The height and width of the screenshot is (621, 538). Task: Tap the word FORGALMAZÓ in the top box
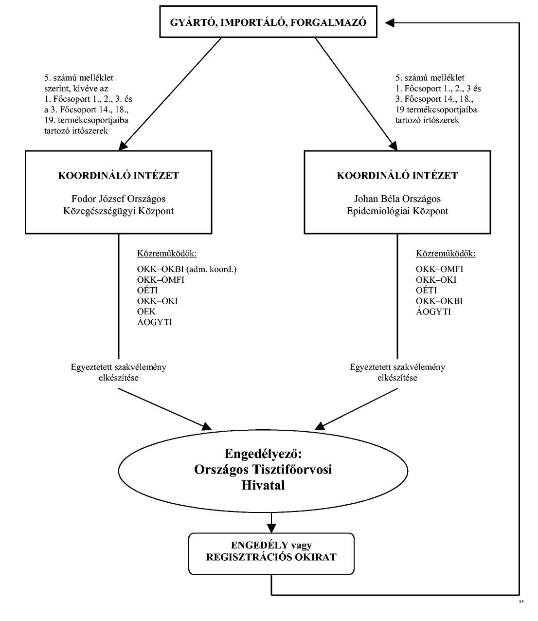328,22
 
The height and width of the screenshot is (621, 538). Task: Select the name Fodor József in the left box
98,199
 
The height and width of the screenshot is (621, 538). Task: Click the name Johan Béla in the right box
377,199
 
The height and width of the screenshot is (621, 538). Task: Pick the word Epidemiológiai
378,211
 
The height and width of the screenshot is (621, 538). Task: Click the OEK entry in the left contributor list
146,311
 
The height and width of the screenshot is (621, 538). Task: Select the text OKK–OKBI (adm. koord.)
187,269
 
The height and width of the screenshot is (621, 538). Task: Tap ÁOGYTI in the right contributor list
433,311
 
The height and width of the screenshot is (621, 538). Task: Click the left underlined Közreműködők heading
167,254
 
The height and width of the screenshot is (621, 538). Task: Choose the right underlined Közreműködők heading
446,254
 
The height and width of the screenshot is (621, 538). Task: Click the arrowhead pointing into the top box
390,23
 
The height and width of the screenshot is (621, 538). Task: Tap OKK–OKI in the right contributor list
436,280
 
